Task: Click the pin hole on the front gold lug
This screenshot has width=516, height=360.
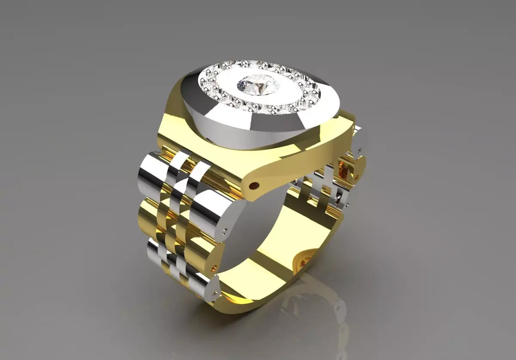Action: click(x=255, y=186)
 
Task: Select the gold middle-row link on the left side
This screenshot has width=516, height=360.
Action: click(x=148, y=215)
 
